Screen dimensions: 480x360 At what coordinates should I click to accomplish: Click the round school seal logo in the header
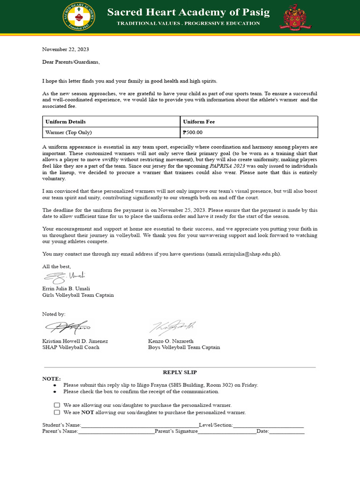click(x=78, y=17)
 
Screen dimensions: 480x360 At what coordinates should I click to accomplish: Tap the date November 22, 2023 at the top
click(x=66, y=49)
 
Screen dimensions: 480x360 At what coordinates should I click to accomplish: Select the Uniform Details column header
click(x=66, y=122)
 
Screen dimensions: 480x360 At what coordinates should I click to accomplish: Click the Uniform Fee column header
click(x=199, y=122)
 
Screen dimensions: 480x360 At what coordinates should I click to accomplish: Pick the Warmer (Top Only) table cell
click(x=68, y=132)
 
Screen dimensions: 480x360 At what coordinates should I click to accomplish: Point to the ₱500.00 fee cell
click(x=193, y=132)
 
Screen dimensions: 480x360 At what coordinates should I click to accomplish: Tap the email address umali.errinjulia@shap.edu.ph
click(x=243, y=254)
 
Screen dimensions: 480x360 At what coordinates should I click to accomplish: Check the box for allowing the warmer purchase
click(x=57, y=405)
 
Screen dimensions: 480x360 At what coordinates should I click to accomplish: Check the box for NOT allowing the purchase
click(x=57, y=412)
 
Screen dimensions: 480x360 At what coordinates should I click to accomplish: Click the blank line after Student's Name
click(x=139, y=426)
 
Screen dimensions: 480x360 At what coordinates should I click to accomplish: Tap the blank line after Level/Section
click(x=268, y=426)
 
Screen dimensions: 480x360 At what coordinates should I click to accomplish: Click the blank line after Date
click(x=286, y=432)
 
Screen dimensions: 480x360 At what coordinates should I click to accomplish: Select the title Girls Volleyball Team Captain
click(x=78, y=295)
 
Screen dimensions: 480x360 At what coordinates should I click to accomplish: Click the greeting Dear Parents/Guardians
click(x=71, y=62)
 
